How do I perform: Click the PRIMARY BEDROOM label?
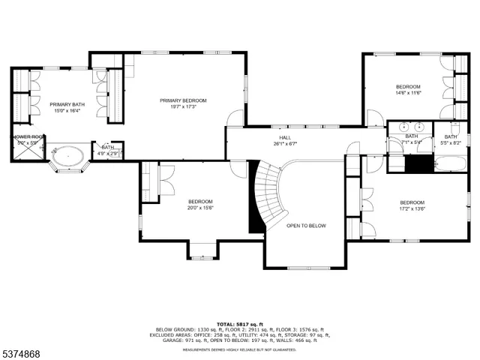click(183, 100)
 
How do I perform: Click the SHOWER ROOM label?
click(28, 136)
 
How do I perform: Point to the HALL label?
click(285, 138)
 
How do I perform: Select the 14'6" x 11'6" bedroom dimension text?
click(409, 93)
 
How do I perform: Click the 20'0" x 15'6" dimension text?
click(200, 208)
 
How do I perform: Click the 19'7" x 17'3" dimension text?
click(183, 106)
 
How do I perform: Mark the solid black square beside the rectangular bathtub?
click(419, 164)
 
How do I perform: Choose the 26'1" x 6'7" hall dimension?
click(285, 144)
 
